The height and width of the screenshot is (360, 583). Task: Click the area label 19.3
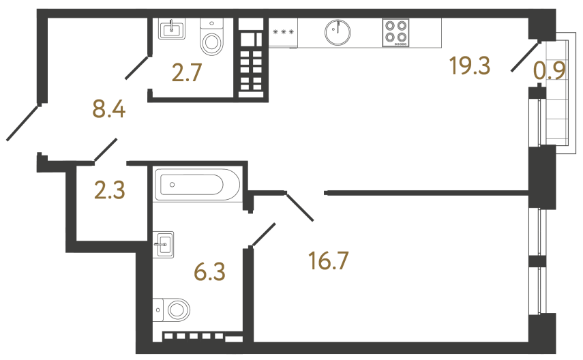470,66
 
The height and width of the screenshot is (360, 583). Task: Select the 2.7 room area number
187,72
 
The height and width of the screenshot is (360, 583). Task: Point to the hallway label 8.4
109,108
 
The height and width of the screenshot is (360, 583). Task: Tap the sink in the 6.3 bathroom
164,243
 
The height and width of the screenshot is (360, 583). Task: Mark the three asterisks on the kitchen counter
283,32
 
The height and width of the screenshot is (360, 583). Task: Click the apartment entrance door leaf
23,123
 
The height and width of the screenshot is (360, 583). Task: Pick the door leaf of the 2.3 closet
106,150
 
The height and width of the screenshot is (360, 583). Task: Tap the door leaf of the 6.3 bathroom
264,234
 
